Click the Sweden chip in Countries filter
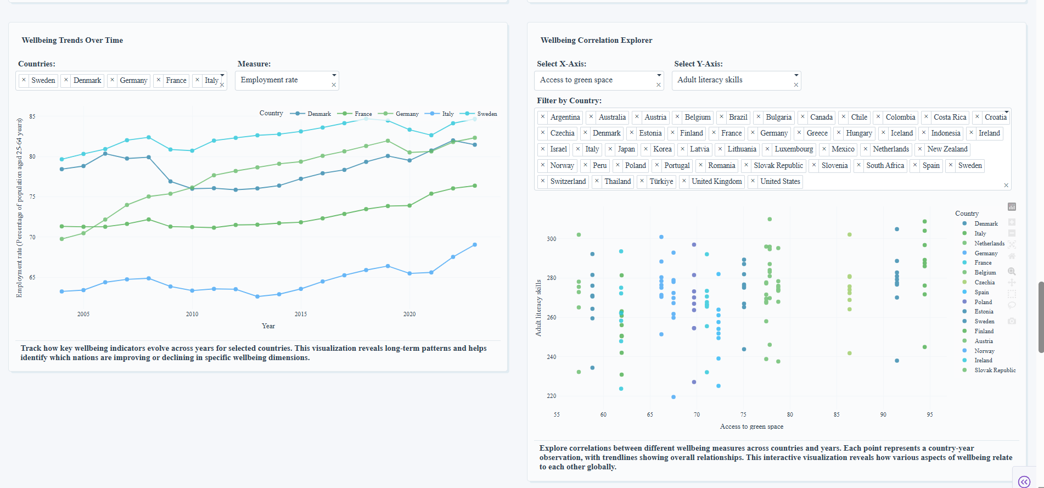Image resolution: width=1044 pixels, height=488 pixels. click(43, 81)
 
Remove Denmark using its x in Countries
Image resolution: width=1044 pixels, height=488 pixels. click(66, 80)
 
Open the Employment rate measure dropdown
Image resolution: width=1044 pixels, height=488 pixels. click(287, 80)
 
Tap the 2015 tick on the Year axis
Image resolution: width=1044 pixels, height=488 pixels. click(301, 314)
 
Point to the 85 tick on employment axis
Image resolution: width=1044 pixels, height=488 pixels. click(32, 116)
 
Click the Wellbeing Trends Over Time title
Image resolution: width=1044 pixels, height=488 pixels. click(72, 40)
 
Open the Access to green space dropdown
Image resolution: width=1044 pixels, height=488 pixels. click(598, 80)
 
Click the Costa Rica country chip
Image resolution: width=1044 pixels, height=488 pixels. click(950, 117)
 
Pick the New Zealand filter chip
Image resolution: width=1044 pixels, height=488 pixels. click(947, 149)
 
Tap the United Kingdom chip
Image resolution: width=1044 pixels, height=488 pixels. click(716, 182)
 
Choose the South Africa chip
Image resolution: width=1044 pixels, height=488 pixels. click(885, 166)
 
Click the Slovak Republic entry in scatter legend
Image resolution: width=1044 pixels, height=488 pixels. click(995, 371)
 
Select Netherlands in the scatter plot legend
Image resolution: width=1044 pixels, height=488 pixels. click(989, 244)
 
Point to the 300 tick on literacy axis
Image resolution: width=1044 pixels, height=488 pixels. click(551, 239)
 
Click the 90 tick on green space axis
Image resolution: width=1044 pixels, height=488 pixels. click(883, 414)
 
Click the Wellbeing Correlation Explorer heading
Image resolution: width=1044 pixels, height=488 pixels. click(596, 40)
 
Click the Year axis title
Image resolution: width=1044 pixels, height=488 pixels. click(268, 326)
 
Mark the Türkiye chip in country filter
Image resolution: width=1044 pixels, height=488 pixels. click(661, 182)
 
